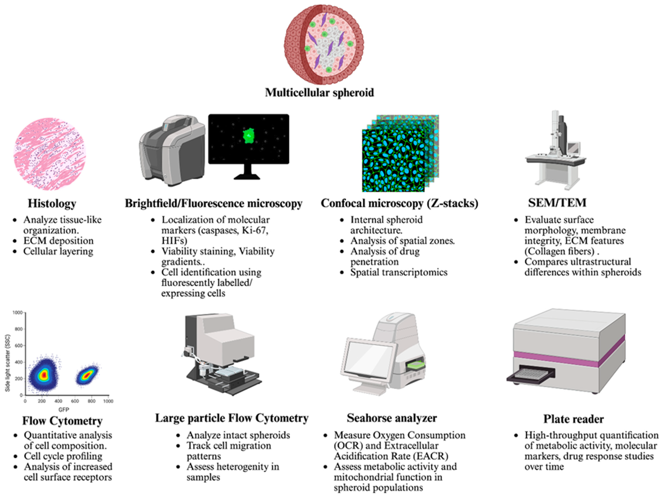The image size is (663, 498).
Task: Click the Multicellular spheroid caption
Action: pos(319,92)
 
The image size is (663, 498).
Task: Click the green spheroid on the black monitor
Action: pos(248,136)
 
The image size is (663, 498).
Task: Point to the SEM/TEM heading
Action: pos(557,203)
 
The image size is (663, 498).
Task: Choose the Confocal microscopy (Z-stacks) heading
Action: pos(399,203)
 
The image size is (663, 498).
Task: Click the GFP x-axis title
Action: pos(63,409)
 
